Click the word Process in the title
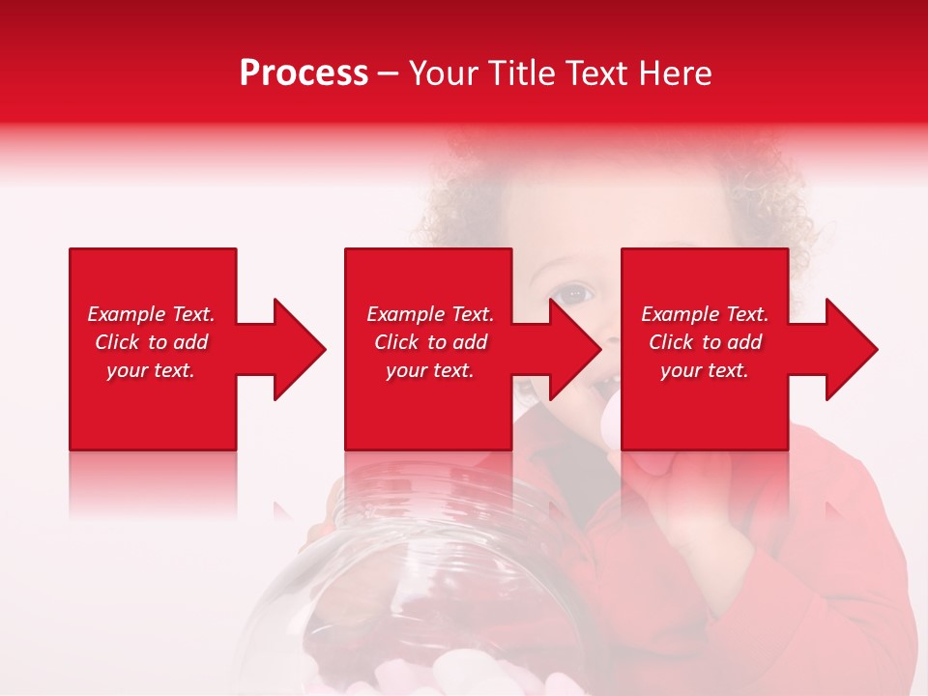click(x=304, y=73)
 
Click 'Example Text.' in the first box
click(x=151, y=314)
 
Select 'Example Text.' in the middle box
click(x=430, y=314)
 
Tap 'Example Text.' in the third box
click(x=705, y=314)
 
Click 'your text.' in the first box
click(x=151, y=370)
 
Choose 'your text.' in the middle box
click(x=430, y=370)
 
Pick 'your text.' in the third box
click(x=705, y=370)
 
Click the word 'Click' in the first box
click(x=118, y=342)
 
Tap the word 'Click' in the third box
click(x=672, y=342)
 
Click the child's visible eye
click(x=575, y=292)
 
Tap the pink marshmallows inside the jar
click(x=483, y=672)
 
